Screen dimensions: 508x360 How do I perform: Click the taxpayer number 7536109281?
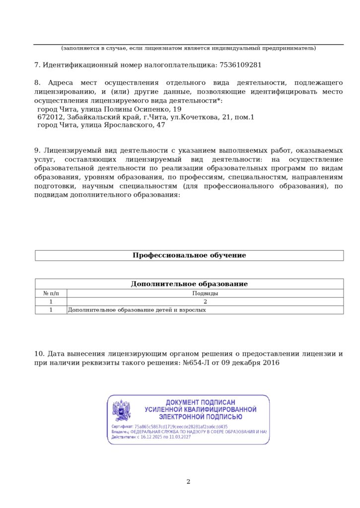click(240, 65)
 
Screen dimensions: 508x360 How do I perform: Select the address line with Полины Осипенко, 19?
click(109, 109)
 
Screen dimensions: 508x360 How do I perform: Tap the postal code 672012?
click(51, 117)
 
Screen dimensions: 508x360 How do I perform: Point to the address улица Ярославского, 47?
click(101, 125)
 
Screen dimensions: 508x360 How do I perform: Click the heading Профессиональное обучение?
click(189, 255)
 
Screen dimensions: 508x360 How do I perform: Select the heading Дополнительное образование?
click(189, 284)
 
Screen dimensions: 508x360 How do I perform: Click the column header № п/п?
click(51, 293)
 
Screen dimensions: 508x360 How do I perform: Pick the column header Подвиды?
click(205, 293)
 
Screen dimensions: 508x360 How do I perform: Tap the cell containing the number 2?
click(205, 302)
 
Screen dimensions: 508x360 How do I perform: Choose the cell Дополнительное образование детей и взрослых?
click(137, 310)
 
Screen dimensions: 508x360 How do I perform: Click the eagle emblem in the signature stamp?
click(122, 410)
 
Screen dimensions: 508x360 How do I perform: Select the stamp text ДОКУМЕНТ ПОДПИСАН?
click(200, 402)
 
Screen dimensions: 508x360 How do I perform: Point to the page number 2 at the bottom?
click(188, 481)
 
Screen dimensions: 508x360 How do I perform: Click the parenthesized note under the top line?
click(188, 48)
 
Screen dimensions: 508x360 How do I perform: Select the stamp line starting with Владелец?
click(189, 432)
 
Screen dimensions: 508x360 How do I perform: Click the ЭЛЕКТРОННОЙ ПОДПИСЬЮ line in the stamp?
click(200, 417)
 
